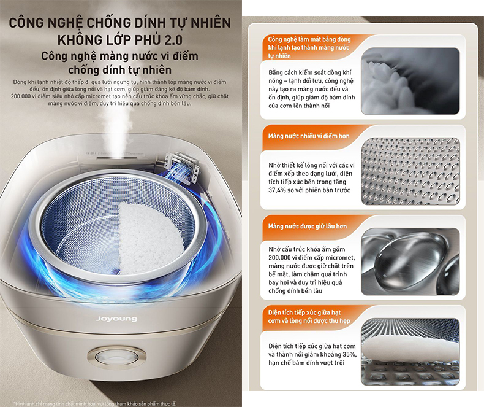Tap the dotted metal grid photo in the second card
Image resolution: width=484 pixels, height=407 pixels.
(410, 171)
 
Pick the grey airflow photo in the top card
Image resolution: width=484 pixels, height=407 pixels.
(410, 81)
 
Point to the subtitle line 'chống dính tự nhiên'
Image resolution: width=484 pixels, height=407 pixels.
(120, 70)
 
